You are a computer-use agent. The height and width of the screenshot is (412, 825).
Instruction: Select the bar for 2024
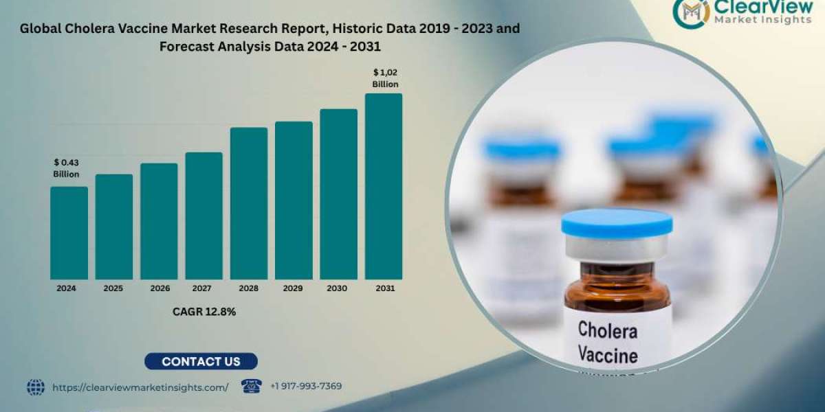point(69,233)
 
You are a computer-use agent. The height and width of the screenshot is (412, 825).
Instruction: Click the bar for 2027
point(203,216)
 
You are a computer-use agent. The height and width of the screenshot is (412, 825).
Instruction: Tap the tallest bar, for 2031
point(384,186)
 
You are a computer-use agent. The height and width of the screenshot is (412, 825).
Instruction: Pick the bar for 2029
point(294,201)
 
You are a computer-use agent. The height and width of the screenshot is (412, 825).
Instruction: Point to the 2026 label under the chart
point(158,289)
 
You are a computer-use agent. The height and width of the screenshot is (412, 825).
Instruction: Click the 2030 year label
point(338,289)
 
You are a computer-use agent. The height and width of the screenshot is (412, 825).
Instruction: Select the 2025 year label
point(113,289)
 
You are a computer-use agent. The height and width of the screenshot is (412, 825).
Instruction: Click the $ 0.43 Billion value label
point(67,168)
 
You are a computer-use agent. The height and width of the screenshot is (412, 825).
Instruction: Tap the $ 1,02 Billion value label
point(385,78)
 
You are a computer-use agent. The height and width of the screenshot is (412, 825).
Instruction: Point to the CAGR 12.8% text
point(203,312)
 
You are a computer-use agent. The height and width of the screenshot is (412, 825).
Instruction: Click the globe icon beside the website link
point(36,387)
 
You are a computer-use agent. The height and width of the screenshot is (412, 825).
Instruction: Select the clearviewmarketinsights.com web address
point(140,387)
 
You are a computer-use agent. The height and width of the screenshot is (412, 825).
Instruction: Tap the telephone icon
point(252,386)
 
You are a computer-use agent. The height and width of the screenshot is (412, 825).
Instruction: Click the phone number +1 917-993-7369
point(306,387)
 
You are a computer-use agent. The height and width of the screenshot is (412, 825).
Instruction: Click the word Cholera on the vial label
point(607,330)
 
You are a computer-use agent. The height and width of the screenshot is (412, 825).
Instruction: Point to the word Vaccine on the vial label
point(607,356)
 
